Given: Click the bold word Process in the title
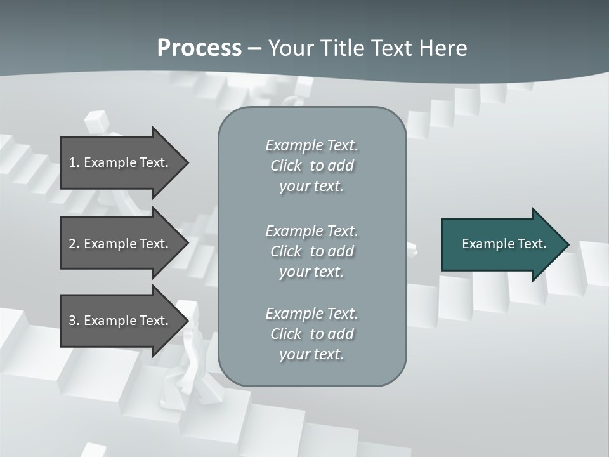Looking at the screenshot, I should tap(199, 48).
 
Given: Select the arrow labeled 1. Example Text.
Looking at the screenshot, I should tap(121, 162).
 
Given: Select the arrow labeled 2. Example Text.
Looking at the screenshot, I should tap(121, 244).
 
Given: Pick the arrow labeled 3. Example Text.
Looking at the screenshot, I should tap(121, 321).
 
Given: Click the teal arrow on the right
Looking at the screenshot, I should tap(501, 244).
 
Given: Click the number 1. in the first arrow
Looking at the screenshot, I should tap(74, 162).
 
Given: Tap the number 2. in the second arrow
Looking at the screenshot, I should tap(74, 244).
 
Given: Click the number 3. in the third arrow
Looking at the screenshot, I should tap(74, 321).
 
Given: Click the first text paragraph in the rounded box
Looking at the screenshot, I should tap(311, 166).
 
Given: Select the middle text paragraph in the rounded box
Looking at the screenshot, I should tap(311, 251).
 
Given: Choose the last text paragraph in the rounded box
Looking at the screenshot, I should tap(311, 334).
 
